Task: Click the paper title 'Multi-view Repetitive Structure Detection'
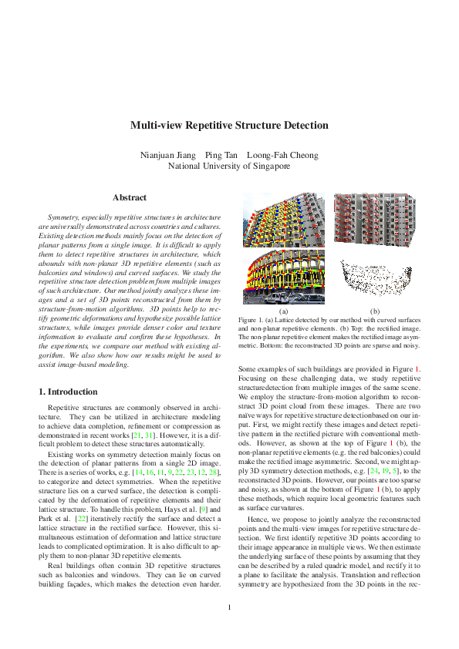tap(229, 126)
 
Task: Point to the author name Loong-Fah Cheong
tap(282, 155)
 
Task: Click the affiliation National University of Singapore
tap(229, 166)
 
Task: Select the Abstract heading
tap(130, 198)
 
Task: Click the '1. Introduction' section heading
tap(73, 392)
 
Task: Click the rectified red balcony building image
tap(366, 222)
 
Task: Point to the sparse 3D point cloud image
tap(365, 278)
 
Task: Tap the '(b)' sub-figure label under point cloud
tap(375, 311)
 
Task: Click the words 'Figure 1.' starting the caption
tap(252, 319)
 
